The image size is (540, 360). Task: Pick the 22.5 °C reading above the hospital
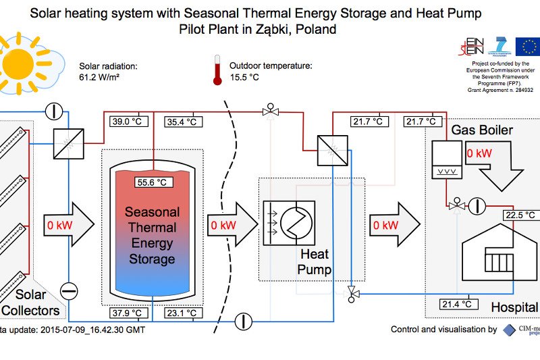point(520,215)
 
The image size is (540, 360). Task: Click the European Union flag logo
point(527,46)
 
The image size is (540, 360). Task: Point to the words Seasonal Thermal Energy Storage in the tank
point(153,236)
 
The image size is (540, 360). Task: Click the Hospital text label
point(514,307)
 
